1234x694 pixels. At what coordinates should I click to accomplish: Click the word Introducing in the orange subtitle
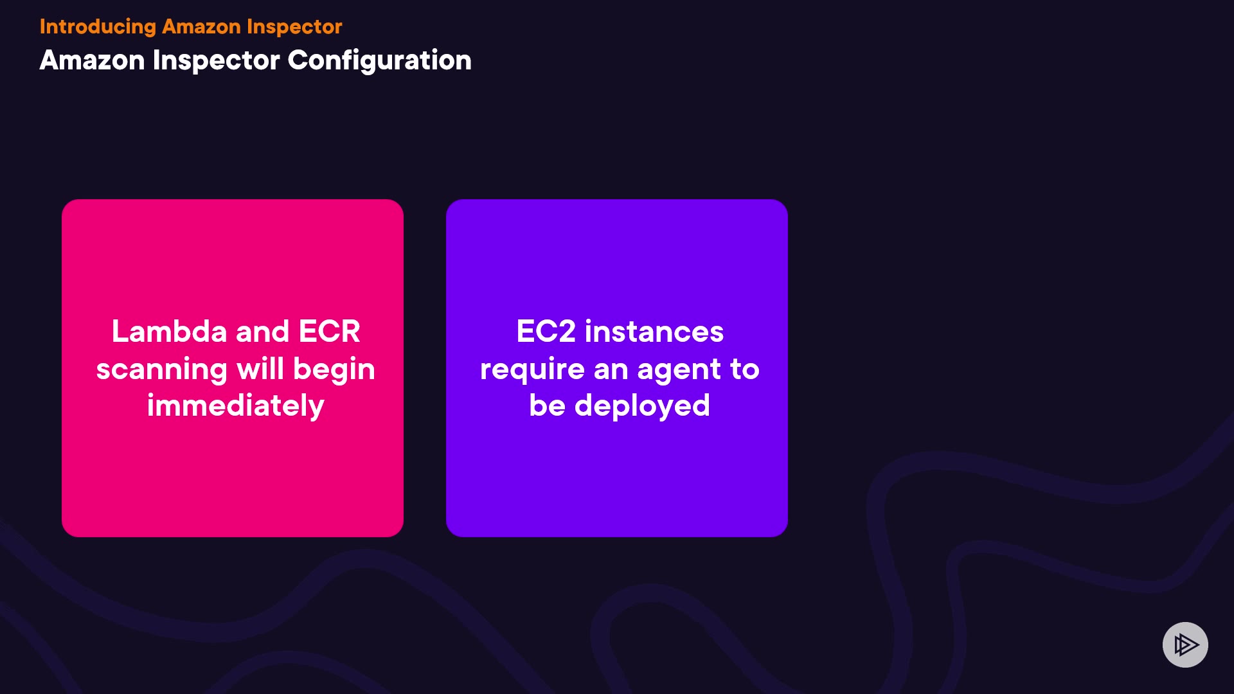click(98, 27)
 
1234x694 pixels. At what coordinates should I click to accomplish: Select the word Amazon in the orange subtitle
click(201, 26)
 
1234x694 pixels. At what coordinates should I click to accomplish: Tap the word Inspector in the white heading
click(217, 61)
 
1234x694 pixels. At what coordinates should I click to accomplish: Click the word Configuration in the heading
click(379, 61)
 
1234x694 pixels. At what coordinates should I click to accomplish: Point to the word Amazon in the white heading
click(93, 60)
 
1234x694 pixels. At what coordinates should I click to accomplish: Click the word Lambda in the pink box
click(170, 332)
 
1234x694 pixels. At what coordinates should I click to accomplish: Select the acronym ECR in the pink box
click(329, 332)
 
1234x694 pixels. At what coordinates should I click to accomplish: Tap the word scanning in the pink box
click(162, 370)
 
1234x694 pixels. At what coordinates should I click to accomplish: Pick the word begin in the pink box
click(334, 370)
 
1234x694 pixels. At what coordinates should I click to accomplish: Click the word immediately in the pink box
click(236, 406)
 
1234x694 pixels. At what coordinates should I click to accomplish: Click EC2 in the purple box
click(546, 332)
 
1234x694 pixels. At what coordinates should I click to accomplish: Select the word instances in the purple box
click(654, 332)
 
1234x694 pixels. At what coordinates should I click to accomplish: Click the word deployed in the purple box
click(642, 406)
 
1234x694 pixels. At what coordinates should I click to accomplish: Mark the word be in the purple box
click(548, 405)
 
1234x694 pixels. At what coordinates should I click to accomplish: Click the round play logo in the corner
click(1185, 645)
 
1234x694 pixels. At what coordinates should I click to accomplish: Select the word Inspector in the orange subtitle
click(294, 27)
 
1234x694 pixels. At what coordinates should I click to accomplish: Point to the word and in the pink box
click(263, 332)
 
